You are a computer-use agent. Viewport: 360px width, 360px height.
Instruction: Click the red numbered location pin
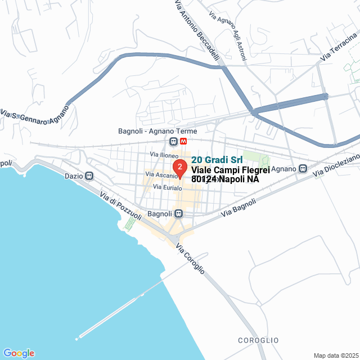point(179,168)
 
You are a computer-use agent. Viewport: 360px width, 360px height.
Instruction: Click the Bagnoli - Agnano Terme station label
point(150,131)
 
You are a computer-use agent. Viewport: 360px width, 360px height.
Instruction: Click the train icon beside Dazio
point(89,176)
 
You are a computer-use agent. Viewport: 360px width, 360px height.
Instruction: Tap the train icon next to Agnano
point(303,168)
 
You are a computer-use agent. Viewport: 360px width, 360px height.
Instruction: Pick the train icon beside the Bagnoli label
point(178,214)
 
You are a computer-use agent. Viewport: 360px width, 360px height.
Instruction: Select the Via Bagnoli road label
point(238,207)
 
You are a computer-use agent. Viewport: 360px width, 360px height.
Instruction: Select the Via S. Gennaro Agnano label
point(34,115)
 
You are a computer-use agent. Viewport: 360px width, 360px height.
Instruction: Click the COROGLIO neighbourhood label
point(258,340)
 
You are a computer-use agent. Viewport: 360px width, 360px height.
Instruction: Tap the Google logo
point(18,353)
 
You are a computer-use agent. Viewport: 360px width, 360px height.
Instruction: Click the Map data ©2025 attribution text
point(336,355)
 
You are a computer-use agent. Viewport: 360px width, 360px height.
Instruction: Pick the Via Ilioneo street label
point(164,154)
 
